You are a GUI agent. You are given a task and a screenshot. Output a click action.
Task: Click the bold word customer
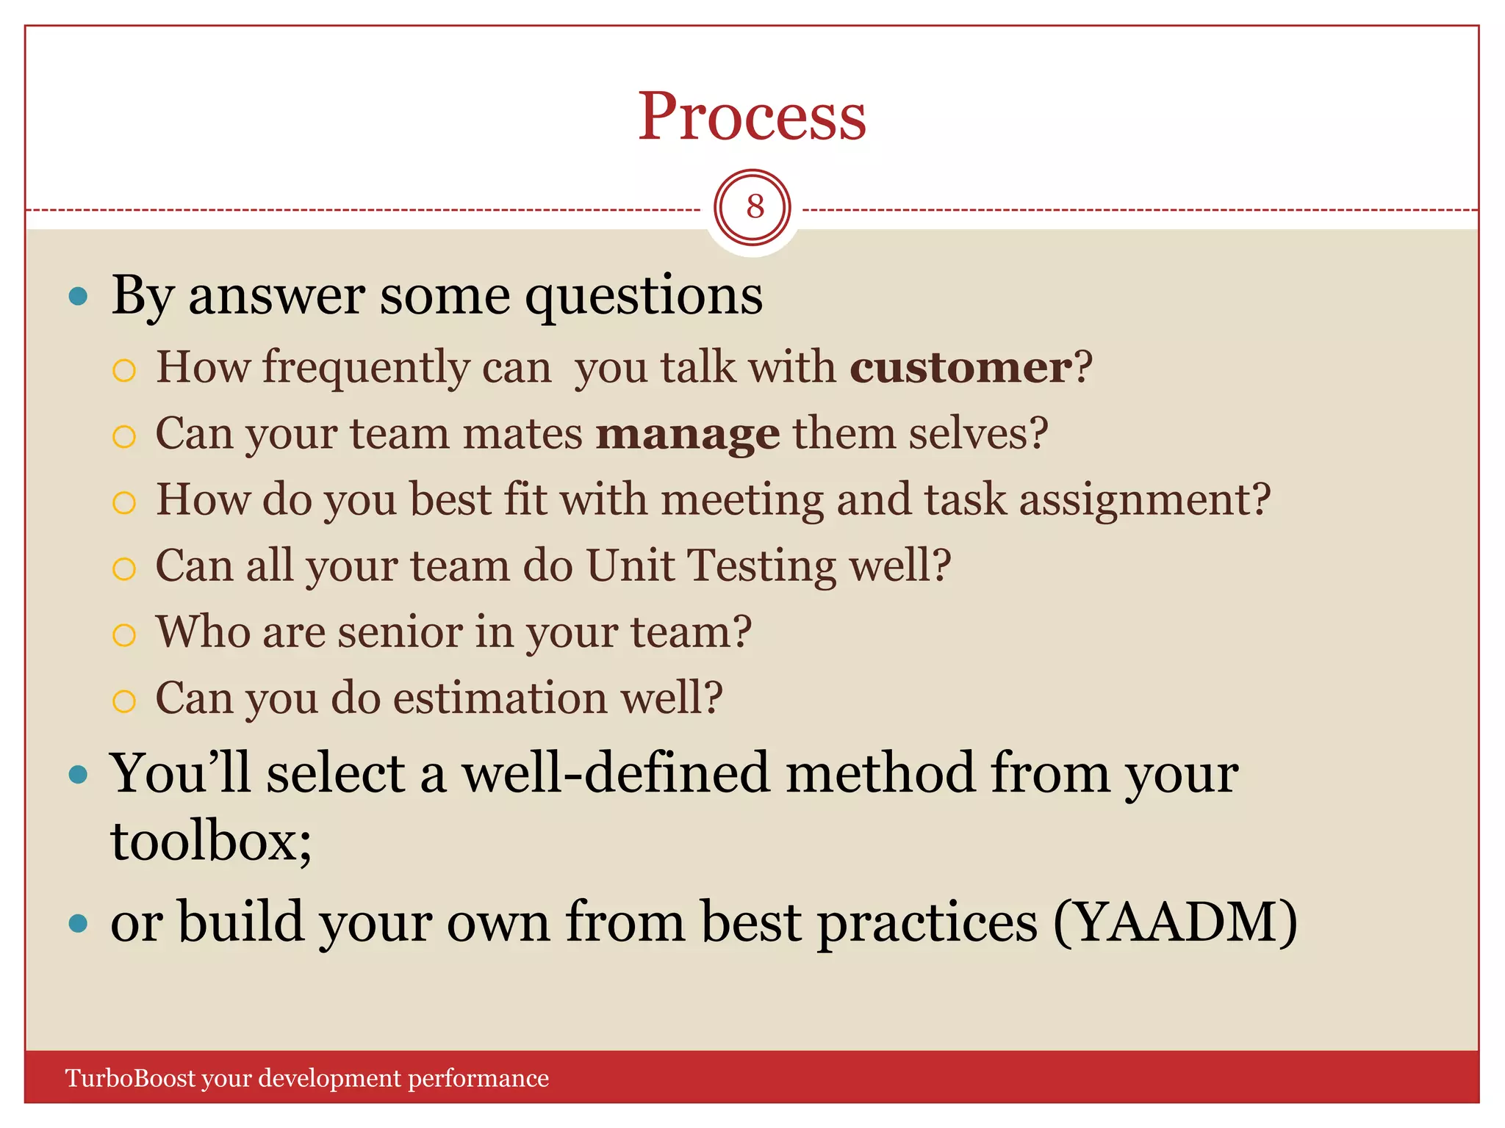[x=960, y=366]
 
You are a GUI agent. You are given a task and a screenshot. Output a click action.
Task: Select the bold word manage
[x=687, y=433]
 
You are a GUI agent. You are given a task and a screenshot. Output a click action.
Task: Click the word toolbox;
[x=211, y=840]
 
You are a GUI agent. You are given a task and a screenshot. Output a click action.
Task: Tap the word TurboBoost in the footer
[x=130, y=1078]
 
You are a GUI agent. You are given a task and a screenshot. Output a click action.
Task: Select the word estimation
[x=501, y=698]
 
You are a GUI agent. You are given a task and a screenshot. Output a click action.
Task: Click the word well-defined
[x=615, y=773]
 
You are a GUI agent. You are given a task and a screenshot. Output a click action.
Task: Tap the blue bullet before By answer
[x=78, y=297]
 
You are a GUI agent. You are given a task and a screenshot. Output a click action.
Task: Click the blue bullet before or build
[x=78, y=923]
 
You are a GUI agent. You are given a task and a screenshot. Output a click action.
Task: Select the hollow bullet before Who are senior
[x=124, y=634]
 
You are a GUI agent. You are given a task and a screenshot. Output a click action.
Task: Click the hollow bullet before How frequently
[x=124, y=370]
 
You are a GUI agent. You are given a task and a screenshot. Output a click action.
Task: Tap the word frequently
[x=365, y=367]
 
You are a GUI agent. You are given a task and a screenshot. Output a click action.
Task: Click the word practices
[x=927, y=922]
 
